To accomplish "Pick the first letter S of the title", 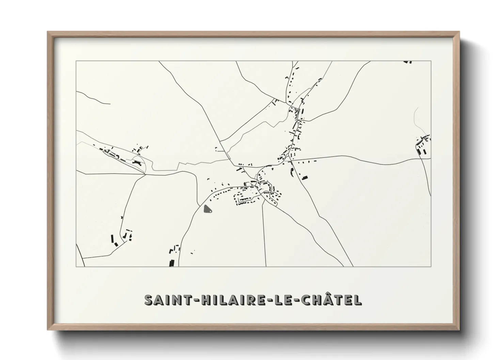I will [x=148, y=300].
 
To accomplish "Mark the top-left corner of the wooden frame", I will [x=47, y=32].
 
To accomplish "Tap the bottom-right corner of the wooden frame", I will [x=459, y=331].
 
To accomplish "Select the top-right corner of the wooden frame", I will [x=459, y=32].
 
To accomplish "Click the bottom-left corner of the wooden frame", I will [x=47, y=331].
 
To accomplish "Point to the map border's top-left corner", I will [x=76, y=61].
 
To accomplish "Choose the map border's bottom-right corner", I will [x=431, y=266].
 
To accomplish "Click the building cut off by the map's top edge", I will [x=408, y=62].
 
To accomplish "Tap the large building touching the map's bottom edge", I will [x=172, y=263].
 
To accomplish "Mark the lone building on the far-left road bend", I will [x=122, y=217].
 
